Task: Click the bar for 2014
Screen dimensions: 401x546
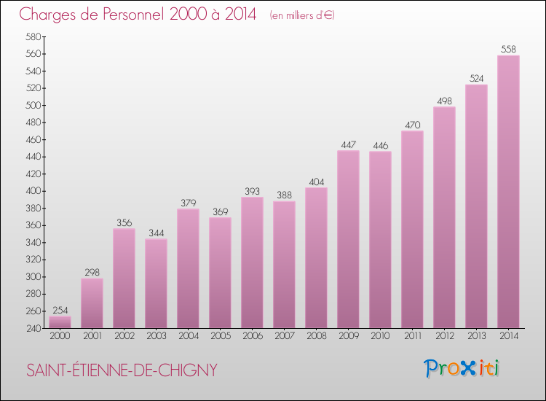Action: click(x=508, y=192)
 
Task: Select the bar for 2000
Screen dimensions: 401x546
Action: click(x=60, y=322)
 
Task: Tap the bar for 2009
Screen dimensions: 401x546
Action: click(x=348, y=239)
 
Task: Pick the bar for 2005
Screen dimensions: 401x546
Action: click(x=220, y=273)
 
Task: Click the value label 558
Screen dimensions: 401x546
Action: click(x=508, y=50)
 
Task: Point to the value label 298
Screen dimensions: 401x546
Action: click(x=92, y=272)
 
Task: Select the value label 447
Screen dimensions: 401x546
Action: click(x=348, y=144)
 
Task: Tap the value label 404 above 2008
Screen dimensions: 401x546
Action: click(x=316, y=182)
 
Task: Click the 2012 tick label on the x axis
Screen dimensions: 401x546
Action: click(x=444, y=336)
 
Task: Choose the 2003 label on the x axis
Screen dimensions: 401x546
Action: click(x=156, y=336)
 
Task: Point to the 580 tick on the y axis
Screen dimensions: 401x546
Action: click(x=33, y=37)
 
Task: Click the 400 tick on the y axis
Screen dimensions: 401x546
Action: click(x=33, y=191)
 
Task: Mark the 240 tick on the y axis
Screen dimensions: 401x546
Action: click(x=33, y=328)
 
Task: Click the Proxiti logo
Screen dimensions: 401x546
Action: click(x=462, y=368)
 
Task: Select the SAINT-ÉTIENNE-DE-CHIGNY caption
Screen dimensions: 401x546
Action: click(x=122, y=370)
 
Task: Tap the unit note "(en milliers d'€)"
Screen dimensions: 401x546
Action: click(x=301, y=15)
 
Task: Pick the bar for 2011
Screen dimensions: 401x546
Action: click(x=412, y=230)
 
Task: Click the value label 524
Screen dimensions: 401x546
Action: click(x=476, y=78)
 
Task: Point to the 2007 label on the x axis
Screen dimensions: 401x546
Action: click(x=284, y=336)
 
